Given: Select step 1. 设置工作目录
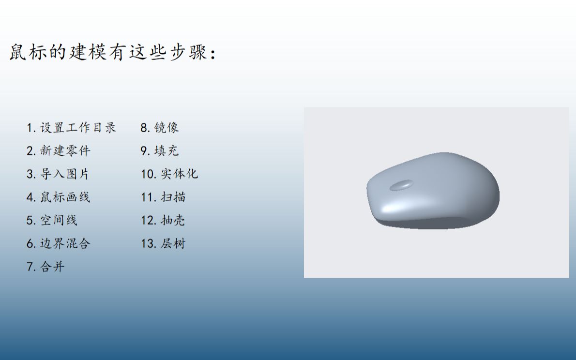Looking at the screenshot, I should pos(71,128).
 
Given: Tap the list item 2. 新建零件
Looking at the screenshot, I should pos(58,150).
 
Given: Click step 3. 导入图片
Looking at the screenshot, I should pos(58,174).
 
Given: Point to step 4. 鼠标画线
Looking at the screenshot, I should pos(58,197).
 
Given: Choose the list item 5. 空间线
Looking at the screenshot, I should pos(52,220).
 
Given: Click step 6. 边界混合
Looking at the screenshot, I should pos(58,243).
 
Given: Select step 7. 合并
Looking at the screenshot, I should pos(45,267).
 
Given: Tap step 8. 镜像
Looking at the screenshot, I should pos(160,128).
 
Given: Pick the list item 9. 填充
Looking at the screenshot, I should pos(160,150).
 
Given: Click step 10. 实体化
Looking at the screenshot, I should pos(169,174).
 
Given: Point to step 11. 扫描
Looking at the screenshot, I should pos(163,197).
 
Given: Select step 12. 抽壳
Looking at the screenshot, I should pos(163,220).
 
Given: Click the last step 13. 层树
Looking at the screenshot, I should pos(163,243).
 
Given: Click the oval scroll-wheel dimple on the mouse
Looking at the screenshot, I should pos(401,185).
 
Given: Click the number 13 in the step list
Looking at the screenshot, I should pos(147,244).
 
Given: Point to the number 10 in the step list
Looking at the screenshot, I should pos(147,174).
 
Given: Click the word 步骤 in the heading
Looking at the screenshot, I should pos(188,52).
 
